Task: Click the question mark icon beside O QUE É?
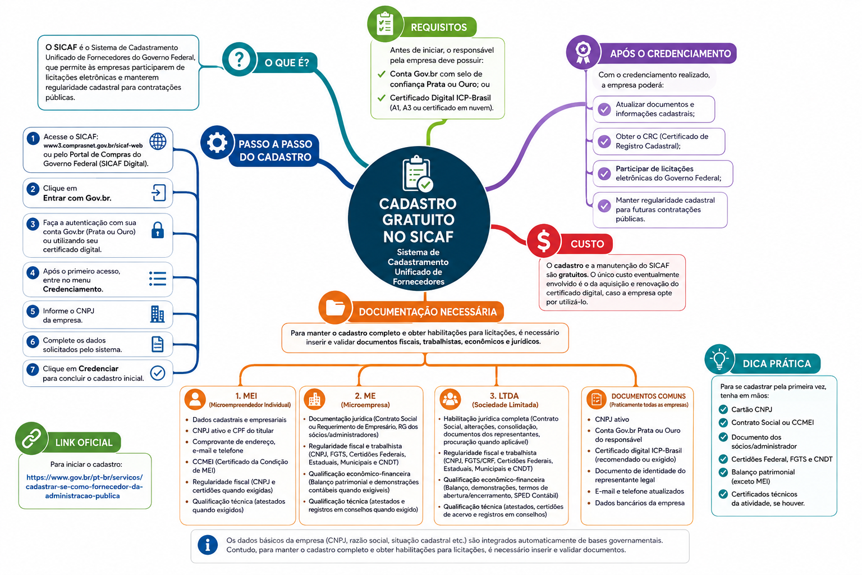click(239, 60)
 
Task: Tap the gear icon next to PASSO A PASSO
click(217, 143)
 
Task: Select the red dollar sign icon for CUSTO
click(543, 241)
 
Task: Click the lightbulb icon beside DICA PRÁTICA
click(719, 359)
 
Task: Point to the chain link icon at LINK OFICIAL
click(31, 439)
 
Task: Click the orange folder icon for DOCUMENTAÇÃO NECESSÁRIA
click(335, 308)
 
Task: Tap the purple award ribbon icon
click(583, 52)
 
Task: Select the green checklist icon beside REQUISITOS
click(385, 24)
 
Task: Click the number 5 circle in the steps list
click(33, 311)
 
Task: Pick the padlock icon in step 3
click(157, 230)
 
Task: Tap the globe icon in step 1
click(158, 142)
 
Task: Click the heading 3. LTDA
click(504, 395)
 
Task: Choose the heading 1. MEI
click(246, 395)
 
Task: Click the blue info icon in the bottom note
click(208, 545)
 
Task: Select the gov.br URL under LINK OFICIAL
click(84, 486)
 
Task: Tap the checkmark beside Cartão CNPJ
click(723, 409)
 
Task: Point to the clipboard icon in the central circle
click(418, 174)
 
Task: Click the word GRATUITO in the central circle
click(418, 220)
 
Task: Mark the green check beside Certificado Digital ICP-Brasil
click(382, 98)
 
